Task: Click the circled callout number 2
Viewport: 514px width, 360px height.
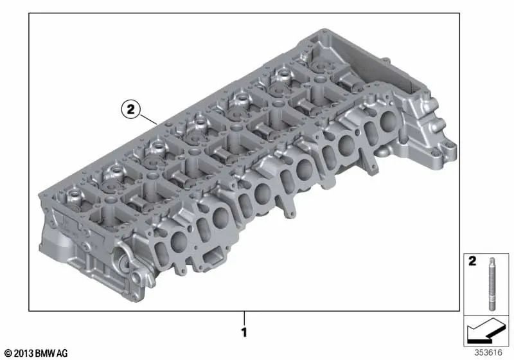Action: pos(130,109)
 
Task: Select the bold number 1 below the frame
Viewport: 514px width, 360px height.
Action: pos(245,333)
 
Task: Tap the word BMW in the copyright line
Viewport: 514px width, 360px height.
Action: pos(44,353)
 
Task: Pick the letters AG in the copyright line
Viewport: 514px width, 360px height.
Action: pos(62,353)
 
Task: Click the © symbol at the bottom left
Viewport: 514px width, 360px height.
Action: pos(7,353)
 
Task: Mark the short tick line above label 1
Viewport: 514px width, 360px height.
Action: pos(245,318)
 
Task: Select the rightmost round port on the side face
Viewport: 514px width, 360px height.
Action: pos(389,122)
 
